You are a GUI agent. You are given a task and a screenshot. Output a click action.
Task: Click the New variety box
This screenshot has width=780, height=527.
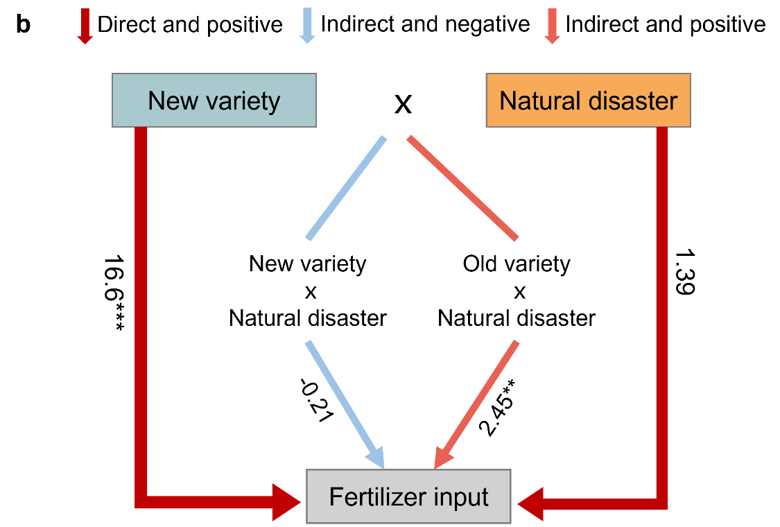[214, 101]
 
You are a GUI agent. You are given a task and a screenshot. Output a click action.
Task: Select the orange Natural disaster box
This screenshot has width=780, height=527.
[588, 101]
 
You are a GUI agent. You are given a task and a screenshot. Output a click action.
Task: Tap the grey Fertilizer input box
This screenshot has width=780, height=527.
[408, 496]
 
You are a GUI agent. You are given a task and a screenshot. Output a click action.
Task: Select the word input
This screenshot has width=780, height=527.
[462, 497]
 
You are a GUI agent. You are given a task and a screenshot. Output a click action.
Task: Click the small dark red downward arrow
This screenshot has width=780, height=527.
[85, 26]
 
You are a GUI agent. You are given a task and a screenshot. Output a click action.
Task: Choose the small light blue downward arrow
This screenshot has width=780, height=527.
[306, 26]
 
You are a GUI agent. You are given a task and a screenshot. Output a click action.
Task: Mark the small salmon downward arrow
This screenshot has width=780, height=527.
[551, 26]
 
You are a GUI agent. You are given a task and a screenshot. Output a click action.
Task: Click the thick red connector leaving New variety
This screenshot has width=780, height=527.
[141, 312]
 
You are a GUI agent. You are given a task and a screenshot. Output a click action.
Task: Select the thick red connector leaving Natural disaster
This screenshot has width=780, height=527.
[661, 312]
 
